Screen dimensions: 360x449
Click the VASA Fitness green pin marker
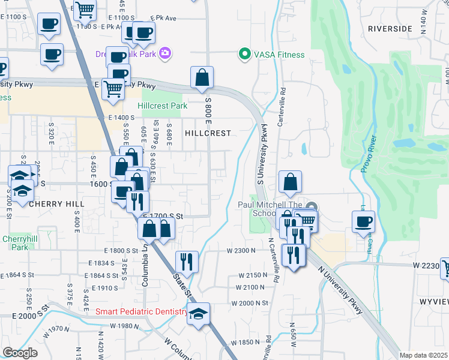tap(244, 55)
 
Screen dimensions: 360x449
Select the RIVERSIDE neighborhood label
tap(390, 28)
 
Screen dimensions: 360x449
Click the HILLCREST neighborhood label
tap(208, 133)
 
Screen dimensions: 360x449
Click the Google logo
tap(20, 353)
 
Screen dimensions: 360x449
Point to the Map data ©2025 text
tap(423, 355)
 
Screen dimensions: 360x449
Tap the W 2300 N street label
tap(242, 250)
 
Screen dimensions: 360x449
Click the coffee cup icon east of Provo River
tap(363, 222)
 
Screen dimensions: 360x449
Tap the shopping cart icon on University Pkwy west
tap(113, 89)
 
